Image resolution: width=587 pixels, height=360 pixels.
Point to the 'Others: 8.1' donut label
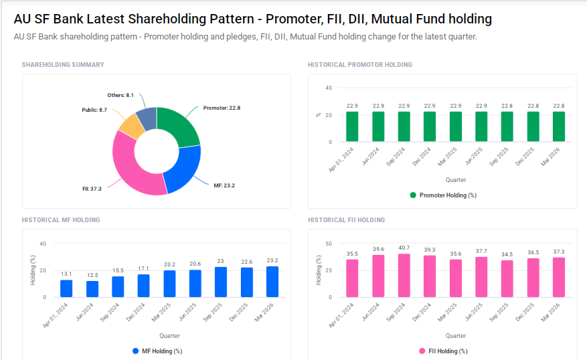point(120,96)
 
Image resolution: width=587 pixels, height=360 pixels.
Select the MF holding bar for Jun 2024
point(92,289)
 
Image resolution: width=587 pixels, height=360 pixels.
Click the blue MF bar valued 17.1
point(143,286)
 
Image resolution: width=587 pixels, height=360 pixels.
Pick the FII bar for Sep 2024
point(404,276)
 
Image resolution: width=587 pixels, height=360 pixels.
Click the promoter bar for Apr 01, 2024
point(352,126)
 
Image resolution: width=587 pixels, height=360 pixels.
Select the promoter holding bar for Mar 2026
point(558,126)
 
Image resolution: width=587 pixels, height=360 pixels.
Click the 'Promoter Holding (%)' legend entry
point(442,195)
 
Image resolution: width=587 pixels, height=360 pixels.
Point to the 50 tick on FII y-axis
point(328,244)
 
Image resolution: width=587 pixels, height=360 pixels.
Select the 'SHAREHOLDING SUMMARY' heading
point(63,65)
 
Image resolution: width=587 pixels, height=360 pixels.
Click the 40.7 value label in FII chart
point(404,248)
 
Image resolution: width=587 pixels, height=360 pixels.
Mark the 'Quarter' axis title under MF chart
point(169,335)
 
